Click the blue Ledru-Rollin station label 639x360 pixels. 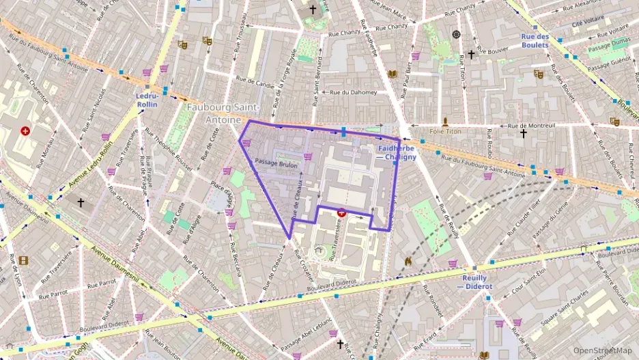click(147, 100)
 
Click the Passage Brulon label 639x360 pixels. click(276, 161)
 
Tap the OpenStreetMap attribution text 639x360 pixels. click(602, 350)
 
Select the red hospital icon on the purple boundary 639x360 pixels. click(341, 212)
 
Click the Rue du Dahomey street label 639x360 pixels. click(354, 92)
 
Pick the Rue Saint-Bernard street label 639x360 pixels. click(316, 85)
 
